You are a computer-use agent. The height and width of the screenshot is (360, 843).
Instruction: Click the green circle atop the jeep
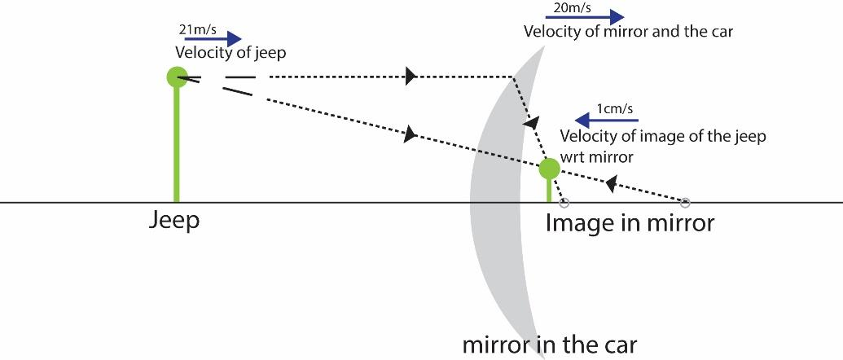[177, 77]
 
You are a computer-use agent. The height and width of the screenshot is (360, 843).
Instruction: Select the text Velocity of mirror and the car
[628, 33]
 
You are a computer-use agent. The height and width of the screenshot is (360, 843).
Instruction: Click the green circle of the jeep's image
[550, 169]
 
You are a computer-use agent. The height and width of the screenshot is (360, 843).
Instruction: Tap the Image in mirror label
[630, 222]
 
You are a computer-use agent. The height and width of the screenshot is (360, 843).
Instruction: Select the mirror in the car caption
[550, 344]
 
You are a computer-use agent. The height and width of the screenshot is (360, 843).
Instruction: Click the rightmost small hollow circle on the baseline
[685, 202]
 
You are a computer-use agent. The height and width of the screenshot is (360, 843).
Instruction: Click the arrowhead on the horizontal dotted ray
[411, 77]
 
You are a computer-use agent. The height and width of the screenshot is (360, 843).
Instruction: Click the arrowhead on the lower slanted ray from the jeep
[410, 134]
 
